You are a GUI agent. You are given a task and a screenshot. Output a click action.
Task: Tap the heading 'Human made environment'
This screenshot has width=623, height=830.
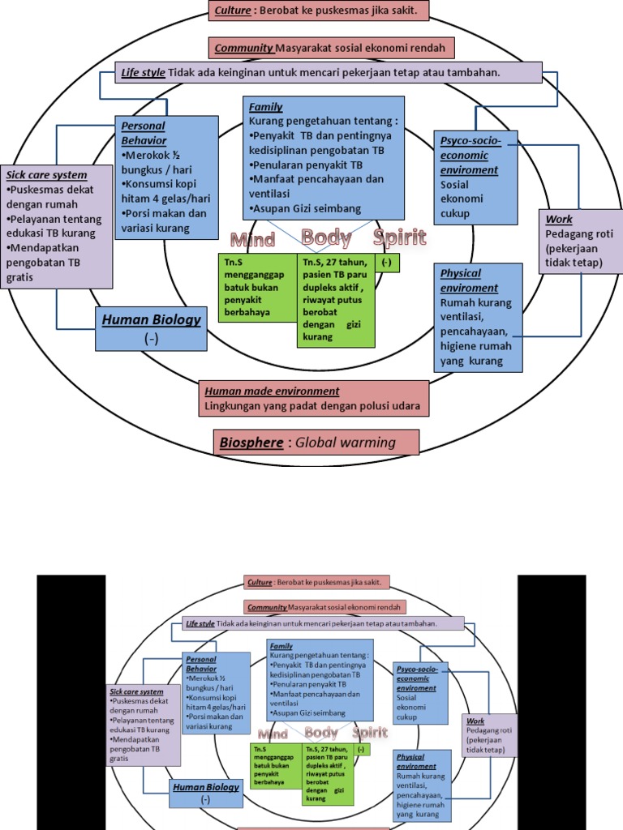(272, 391)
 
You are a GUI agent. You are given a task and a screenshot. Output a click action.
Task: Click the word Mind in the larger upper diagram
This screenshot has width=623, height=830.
(253, 240)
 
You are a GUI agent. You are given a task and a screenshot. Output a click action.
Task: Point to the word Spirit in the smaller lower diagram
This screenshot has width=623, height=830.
(369, 733)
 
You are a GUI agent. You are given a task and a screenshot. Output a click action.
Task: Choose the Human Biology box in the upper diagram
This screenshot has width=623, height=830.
(151, 328)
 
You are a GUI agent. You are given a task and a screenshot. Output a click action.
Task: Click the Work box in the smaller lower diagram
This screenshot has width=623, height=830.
(489, 735)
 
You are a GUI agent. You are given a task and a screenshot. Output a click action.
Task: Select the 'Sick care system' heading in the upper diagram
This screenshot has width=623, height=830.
(46, 175)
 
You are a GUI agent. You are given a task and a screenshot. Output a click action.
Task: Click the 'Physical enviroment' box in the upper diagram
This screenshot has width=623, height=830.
(478, 317)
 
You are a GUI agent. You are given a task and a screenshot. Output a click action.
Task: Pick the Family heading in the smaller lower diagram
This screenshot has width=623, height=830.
(281, 646)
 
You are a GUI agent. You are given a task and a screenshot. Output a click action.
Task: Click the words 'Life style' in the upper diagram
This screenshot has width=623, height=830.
(143, 73)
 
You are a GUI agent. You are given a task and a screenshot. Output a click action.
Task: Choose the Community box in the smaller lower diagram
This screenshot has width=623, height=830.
(324, 607)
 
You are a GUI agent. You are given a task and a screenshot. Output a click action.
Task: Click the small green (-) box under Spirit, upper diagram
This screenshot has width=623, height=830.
(387, 263)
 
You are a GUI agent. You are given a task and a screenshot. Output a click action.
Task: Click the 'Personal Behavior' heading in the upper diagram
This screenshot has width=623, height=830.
(144, 133)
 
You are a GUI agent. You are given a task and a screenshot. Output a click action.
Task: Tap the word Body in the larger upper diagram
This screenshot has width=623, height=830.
(326, 237)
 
